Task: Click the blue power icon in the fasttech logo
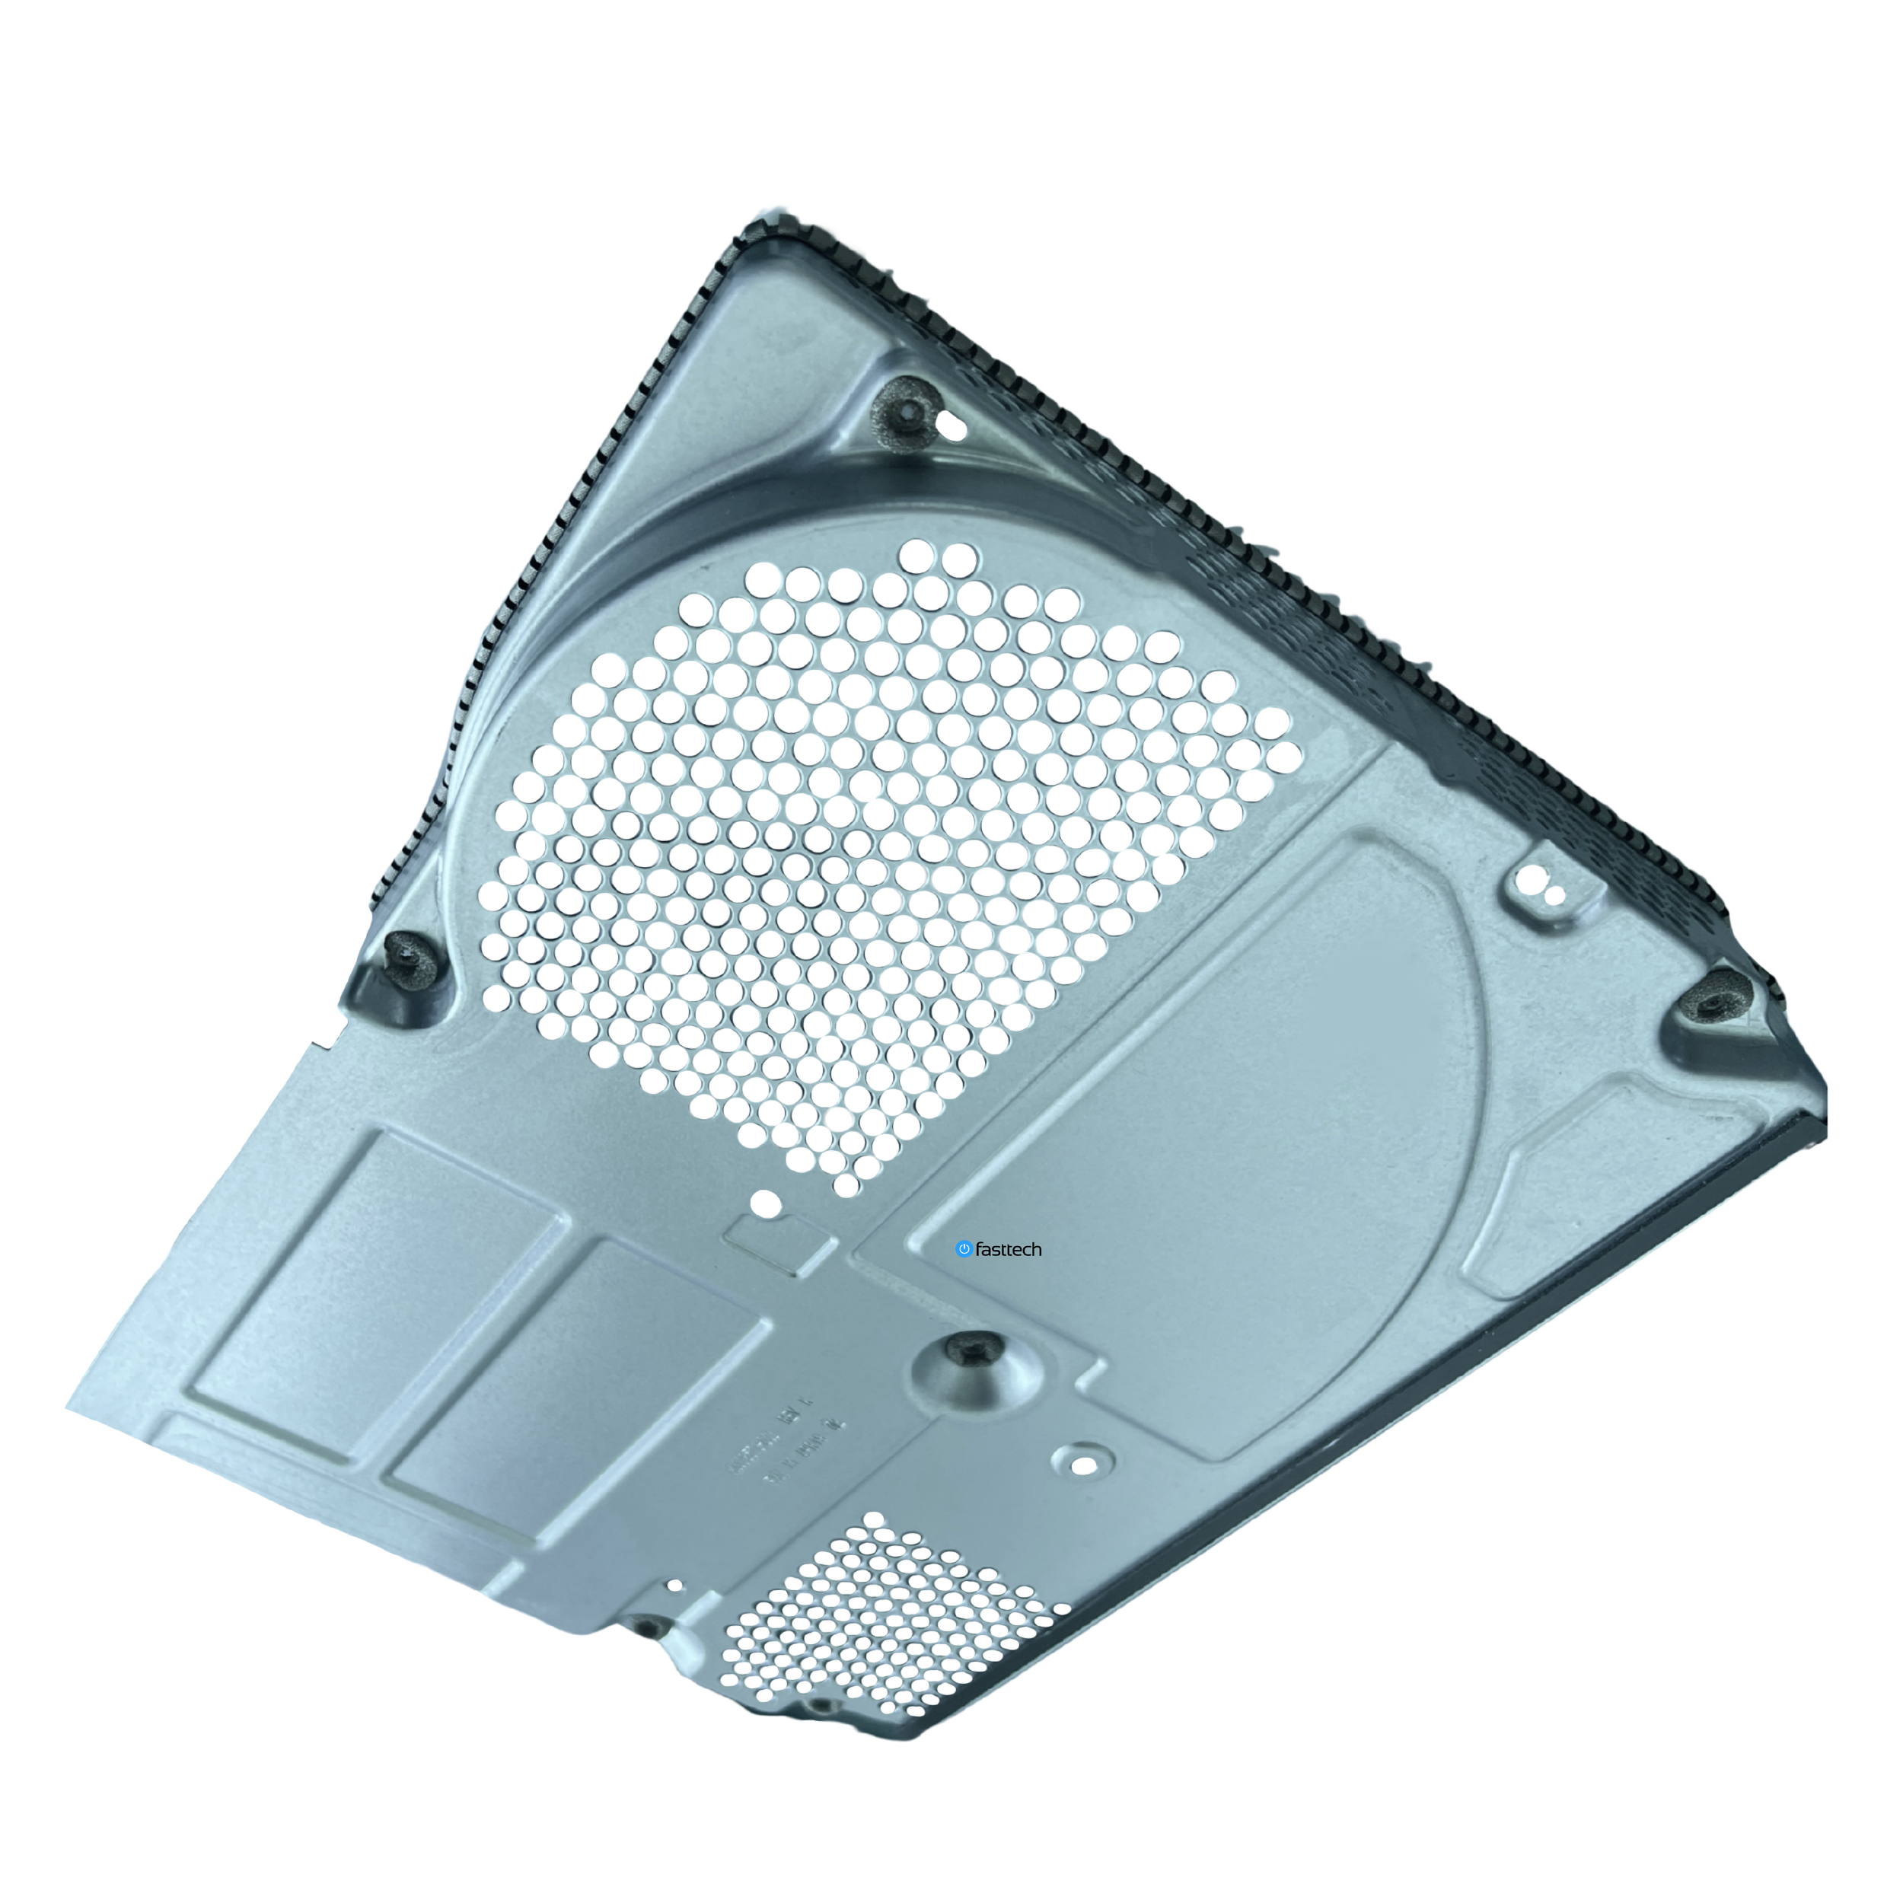point(964,1249)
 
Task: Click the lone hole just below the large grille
point(765,1203)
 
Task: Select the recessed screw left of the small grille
point(646,1626)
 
